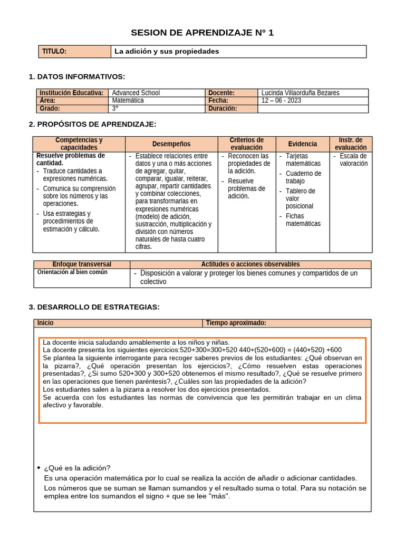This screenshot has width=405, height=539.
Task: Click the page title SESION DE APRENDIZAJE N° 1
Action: (x=202, y=33)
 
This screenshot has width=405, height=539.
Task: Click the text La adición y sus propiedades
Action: (x=167, y=52)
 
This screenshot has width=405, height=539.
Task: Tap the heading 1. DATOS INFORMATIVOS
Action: (x=77, y=77)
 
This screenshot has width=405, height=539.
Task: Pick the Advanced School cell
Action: (x=136, y=93)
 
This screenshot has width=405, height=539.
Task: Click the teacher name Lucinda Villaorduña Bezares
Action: (x=300, y=93)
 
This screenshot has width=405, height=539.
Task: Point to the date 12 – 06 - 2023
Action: (x=281, y=101)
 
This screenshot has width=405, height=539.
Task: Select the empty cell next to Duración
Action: (x=313, y=108)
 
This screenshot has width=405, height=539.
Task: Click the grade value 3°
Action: (x=115, y=108)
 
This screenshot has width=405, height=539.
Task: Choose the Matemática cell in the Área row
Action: (x=128, y=101)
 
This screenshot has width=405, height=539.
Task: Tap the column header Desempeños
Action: (x=171, y=144)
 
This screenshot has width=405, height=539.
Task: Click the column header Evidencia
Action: (x=303, y=144)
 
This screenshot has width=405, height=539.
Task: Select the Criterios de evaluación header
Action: (x=246, y=144)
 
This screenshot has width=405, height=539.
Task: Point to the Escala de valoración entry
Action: (x=353, y=159)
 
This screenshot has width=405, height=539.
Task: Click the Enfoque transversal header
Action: (x=82, y=264)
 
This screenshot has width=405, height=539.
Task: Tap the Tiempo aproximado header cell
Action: (x=236, y=323)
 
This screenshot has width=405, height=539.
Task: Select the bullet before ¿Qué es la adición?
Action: (x=38, y=468)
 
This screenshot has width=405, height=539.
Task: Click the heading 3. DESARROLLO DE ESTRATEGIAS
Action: (x=94, y=307)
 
